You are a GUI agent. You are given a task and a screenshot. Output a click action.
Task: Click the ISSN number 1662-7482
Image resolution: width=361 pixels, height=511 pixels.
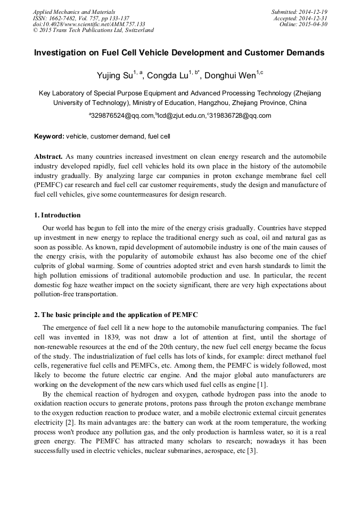[x=66, y=18]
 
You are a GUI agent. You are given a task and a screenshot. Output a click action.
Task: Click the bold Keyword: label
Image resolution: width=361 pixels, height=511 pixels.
[x=49, y=136]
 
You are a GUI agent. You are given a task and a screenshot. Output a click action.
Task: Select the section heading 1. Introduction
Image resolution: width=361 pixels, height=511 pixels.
[x=58, y=215]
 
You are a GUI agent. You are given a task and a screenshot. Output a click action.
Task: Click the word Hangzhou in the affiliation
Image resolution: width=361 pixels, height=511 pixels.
[x=216, y=102]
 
